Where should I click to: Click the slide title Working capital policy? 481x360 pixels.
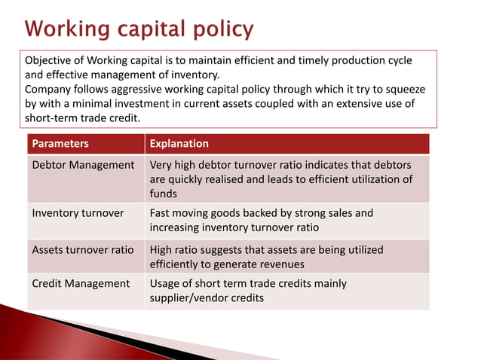tap(140, 30)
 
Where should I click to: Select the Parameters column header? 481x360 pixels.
tap(60, 144)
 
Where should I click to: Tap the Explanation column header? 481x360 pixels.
tap(179, 144)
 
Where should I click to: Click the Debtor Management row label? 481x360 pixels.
tap(83, 165)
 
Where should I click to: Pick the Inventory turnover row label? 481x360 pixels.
tap(78, 213)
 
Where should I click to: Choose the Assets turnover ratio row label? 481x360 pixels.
tap(83, 249)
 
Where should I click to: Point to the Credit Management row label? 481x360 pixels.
tap(81, 284)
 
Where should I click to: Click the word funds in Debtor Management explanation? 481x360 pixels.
tap(164, 194)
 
